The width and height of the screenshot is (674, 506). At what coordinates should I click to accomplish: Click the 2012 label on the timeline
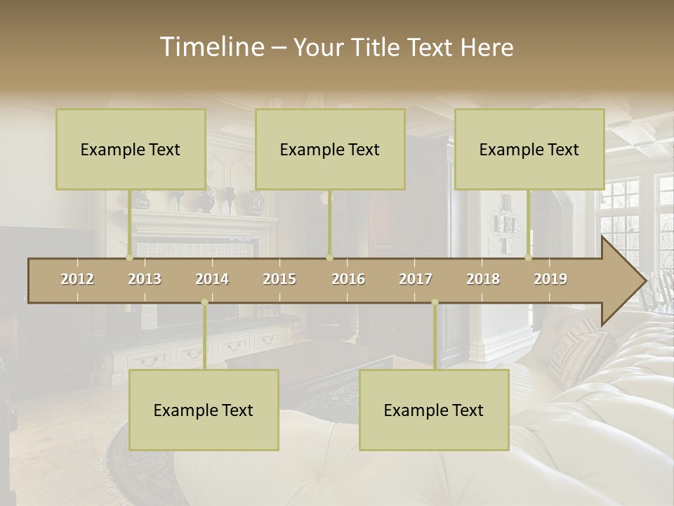coord(77,279)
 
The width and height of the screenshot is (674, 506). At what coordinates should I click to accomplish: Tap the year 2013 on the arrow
coord(145,279)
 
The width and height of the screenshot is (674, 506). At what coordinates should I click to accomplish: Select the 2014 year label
coord(212,279)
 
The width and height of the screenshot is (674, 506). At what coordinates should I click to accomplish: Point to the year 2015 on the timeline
coord(279,279)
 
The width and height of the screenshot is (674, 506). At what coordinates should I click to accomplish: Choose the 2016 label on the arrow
coord(348,279)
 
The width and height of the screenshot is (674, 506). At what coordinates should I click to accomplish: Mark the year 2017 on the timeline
coord(416,279)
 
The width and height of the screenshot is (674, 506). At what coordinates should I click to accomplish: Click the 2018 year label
coord(483,279)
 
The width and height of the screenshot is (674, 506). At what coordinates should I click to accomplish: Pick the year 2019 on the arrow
coord(550,279)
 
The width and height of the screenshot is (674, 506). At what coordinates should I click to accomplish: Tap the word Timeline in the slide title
coord(211,47)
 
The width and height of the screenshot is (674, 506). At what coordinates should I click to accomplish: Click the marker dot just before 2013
coord(129,258)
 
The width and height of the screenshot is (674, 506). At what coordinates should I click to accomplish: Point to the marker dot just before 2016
coord(329,258)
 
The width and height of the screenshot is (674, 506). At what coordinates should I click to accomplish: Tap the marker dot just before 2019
coord(529,258)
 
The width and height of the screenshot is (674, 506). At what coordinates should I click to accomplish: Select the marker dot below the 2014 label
coord(204,302)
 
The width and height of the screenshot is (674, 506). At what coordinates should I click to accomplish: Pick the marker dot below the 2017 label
coord(435,302)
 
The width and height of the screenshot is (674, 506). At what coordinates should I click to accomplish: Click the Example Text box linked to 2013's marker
coord(131,150)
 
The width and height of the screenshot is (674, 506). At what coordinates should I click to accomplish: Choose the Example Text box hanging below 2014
coord(204,410)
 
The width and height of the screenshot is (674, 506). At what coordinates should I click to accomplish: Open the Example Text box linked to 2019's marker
coord(529,150)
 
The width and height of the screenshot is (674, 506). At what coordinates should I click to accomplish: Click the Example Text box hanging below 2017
coord(434,410)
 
